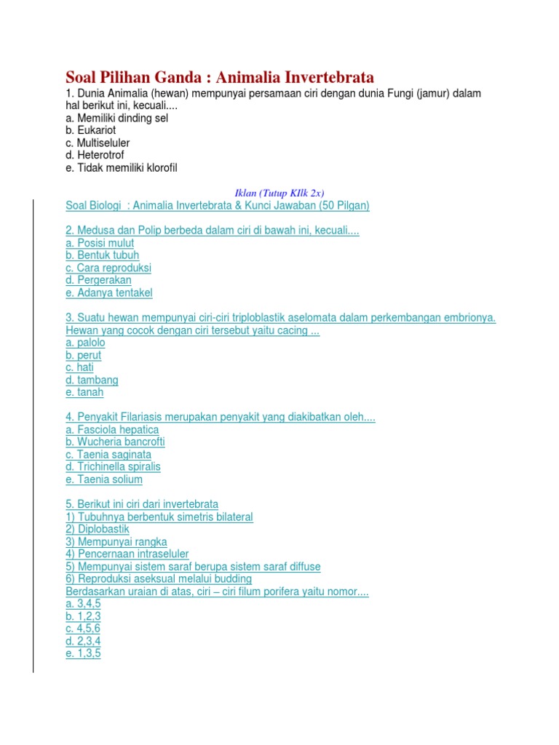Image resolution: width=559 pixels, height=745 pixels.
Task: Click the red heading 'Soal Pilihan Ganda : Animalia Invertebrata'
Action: click(x=220, y=77)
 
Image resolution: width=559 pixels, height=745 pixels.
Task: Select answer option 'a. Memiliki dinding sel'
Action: click(x=116, y=118)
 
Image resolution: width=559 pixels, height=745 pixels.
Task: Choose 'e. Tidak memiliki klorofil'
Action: click(x=121, y=168)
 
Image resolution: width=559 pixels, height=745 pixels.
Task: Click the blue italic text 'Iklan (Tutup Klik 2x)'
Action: click(x=279, y=193)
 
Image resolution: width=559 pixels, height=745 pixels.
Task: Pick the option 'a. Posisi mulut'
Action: click(x=100, y=243)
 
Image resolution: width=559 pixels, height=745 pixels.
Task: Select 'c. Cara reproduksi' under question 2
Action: click(x=108, y=268)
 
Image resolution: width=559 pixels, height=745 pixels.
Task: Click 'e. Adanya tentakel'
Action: click(x=109, y=293)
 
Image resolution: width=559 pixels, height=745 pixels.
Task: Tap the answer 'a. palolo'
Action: click(x=85, y=343)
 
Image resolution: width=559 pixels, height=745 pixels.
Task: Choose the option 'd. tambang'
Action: click(x=92, y=380)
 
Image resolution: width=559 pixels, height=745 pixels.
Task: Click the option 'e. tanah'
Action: click(x=84, y=392)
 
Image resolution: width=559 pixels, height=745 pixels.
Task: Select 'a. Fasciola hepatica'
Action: click(x=112, y=430)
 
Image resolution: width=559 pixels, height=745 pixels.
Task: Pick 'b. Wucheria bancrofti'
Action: click(x=115, y=442)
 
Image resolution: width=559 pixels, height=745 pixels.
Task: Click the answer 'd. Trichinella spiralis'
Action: click(x=113, y=466)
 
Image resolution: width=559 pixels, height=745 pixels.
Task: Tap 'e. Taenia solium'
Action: click(x=104, y=479)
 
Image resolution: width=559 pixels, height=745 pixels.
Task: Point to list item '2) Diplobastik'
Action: click(x=98, y=530)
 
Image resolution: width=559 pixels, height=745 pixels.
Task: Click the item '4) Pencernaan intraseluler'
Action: click(x=127, y=554)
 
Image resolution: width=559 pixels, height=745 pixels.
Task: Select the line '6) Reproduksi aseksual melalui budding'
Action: click(x=159, y=579)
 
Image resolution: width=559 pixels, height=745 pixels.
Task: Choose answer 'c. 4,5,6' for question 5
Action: click(x=83, y=628)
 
